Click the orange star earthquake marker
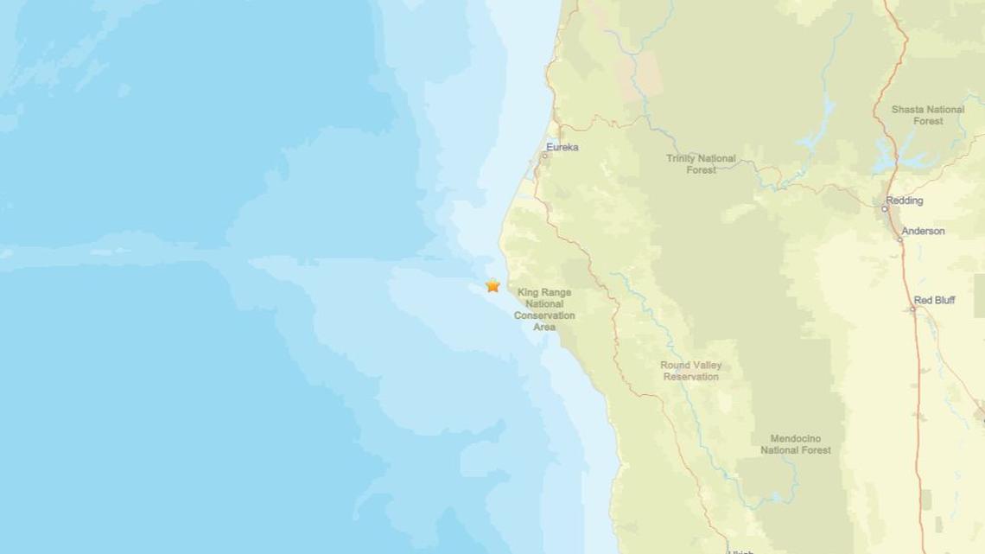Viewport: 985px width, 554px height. coord(492,285)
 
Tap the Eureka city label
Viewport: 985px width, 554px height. coord(562,148)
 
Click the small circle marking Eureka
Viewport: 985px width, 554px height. coord(545,156)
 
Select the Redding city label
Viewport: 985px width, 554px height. coord(904,201)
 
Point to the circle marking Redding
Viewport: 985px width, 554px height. coord(885,208)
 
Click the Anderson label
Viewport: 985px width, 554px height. coord(923,232)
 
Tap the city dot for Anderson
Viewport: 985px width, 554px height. coord(899,239)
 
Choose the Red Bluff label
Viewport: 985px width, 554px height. coord(934,301)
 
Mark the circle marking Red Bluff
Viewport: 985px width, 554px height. coord(912,309)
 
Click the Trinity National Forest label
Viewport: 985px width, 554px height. coord(701,164)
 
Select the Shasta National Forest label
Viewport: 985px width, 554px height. coord(927,115)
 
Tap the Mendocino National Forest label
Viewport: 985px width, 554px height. coord(795,444)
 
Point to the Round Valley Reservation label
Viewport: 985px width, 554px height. coord(690,371)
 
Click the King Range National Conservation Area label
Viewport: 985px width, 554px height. coord(544,309)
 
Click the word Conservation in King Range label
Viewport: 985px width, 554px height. coord(544,315)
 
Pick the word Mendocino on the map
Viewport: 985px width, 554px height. coord(795,439)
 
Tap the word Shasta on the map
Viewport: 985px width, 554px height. coord(909,110)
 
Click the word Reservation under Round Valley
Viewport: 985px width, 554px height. coord(690,377)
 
